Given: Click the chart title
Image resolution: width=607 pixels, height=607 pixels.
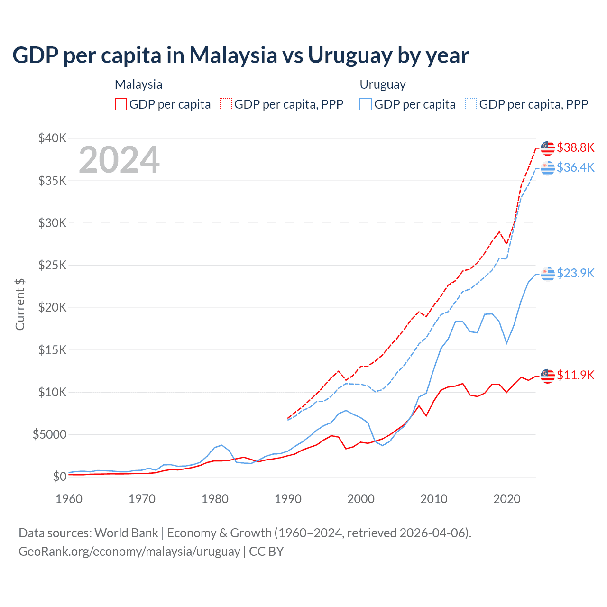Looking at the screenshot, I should pyautogui.click(x=240, y=55).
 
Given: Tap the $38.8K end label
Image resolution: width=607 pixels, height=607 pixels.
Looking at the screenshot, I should pyautogui.click(x=575, y=147).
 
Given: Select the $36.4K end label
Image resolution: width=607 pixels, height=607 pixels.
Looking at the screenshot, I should pyautogui.click(x=575, y=167).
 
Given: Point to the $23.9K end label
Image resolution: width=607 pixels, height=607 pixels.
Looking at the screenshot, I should pyautogui.click(x=575, y=273).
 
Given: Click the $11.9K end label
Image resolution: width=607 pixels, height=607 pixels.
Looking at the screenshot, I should pyautogui.click(x=575, y=375).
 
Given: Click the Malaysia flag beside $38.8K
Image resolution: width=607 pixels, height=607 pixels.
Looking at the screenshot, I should pyautogui.click(x=548, y=148).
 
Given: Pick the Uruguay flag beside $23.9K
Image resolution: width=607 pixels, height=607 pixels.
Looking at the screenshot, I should pyautogui.click(x=548, y=274).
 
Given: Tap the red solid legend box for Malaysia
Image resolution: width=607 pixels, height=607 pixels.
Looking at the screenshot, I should pyautogui.click(x=121, y=104).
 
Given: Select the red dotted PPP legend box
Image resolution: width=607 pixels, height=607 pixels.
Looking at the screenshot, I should pyautogui.click(x=226, y=104).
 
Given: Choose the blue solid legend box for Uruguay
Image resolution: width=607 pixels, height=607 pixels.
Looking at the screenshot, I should pyautogui.click(x=366, y=104).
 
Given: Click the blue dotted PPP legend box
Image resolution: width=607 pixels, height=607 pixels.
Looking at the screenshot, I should pyautogui.click(x=471, y=104).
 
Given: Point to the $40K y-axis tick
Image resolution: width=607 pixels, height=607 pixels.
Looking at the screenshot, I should pyautogui.click(x=53, y=138).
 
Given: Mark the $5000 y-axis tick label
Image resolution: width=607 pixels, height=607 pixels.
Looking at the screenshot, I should pyautogui.click(x=49, y=434).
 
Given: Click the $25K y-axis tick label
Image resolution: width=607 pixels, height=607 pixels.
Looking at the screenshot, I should pyautogui.click(x=53, y=265).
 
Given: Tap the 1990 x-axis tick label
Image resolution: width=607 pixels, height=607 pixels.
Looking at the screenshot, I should pyautogui.click(x=288, y=499).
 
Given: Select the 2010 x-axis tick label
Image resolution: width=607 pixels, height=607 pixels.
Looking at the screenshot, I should pyautogui.click(x=434, y=499).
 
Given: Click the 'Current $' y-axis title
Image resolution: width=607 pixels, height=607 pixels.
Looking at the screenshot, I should pyautogui.click(x=20, y=304).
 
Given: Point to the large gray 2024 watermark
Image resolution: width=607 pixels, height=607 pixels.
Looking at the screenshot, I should pyautogui.click(x=119, y=160).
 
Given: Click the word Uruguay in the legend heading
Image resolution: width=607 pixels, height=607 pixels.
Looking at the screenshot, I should pyautogui.click(x=383, y=84).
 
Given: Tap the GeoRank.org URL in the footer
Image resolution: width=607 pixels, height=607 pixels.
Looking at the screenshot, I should pyautogui.click(x=129, y=552).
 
